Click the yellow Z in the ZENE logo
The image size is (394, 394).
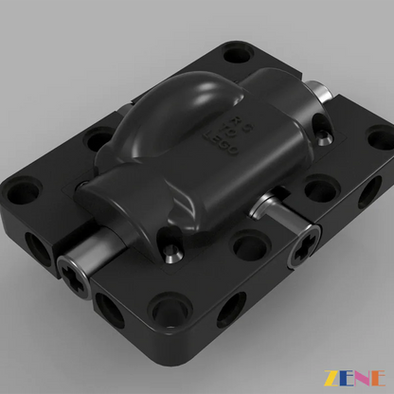(331, 378)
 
